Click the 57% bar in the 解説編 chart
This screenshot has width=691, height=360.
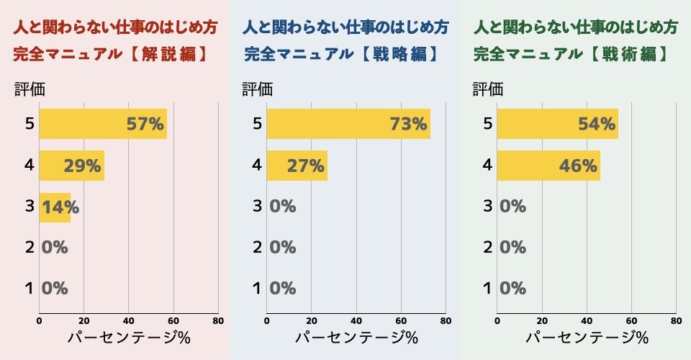[103, 124]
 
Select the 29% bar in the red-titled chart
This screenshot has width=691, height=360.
[72, 166]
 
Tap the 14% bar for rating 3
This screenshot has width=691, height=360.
[55, 207]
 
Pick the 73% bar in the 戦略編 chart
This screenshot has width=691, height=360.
[348, 124]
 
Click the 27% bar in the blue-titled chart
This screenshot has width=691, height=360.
[297, 166]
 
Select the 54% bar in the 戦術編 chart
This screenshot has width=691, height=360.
[557, 124]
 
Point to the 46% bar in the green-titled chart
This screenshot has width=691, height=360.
[548, 166]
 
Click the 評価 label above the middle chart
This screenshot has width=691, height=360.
[257, 89]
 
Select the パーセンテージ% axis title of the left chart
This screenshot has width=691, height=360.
[129, 337]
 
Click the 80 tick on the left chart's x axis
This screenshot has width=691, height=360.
[218, 321]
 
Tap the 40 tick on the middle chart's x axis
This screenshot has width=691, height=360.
[356, 321]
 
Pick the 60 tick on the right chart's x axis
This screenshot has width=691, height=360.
[631, 321]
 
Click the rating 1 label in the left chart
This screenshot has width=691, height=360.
[29, 289]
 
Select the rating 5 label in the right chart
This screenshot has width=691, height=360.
[487, 124]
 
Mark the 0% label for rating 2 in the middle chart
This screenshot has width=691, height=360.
[283, 248]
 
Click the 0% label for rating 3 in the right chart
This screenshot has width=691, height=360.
[512, 207]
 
